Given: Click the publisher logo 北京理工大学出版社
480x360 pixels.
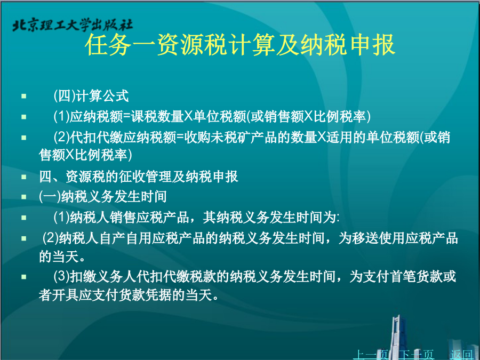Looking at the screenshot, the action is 73,26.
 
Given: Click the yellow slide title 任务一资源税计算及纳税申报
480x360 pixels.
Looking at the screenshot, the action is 240,45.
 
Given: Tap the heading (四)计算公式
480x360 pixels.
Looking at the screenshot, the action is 91,96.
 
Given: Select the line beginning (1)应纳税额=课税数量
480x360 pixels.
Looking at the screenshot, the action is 212,116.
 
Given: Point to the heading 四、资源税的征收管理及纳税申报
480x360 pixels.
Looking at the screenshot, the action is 138,177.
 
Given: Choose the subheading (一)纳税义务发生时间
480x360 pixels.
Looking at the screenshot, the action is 103,196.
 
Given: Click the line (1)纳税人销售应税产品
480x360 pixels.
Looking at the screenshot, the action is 196,218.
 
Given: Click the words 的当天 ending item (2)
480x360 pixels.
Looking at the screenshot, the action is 62,257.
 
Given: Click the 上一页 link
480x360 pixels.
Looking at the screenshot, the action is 371,355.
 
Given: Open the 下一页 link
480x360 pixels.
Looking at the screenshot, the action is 417,355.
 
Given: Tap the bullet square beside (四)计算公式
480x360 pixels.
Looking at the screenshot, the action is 24,96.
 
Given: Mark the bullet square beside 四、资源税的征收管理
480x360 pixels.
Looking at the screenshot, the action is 24,177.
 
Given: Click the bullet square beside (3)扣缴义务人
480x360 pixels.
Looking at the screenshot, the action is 24,277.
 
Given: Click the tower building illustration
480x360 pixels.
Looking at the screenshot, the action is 398,337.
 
